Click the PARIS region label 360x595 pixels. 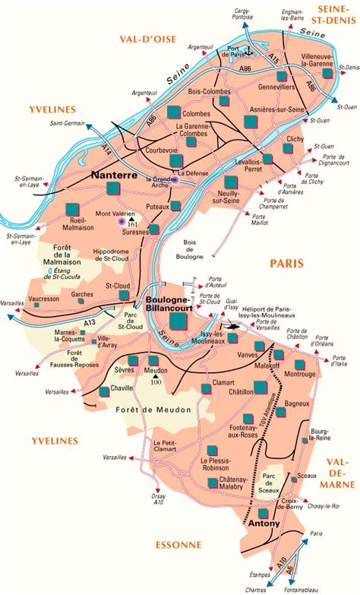287,263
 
